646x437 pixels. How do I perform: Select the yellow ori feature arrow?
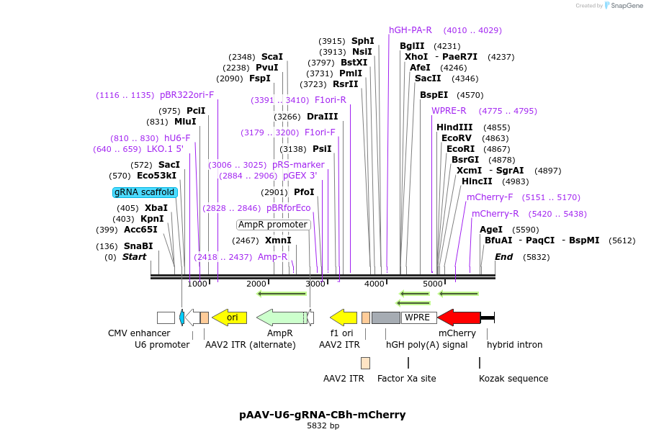(x=230, y=317)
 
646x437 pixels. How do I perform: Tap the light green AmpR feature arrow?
(x=281, y=317)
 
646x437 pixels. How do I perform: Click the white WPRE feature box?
(x=417, y=317)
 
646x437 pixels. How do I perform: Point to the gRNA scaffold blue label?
(x=144, y=192)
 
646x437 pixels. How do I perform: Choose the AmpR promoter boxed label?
(x=273, y=225)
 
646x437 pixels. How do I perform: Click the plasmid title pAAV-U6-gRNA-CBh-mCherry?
(x=322, y=415)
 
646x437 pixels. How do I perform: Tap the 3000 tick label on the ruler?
(x=315, y=284)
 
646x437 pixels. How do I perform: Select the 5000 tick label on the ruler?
(x=432, y=284)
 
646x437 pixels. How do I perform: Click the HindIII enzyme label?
(x=454, y=127)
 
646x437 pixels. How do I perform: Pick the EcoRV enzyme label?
(x=456, y=138)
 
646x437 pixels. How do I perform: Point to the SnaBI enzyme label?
(x=138, y=246)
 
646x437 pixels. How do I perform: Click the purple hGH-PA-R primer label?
(x=411, y=30)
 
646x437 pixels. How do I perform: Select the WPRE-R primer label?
(x=449, y=111)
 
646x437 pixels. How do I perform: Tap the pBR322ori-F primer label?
(x=187, y=95)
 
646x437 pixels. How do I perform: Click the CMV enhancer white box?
(x=166, y=317)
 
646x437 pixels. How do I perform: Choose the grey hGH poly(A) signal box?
(x=385, y=317)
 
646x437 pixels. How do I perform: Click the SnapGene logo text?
(x=624, y=6)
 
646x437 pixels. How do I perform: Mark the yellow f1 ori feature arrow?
(x=344, y=317)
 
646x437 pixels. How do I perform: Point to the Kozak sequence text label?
(x=513, y=379)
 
